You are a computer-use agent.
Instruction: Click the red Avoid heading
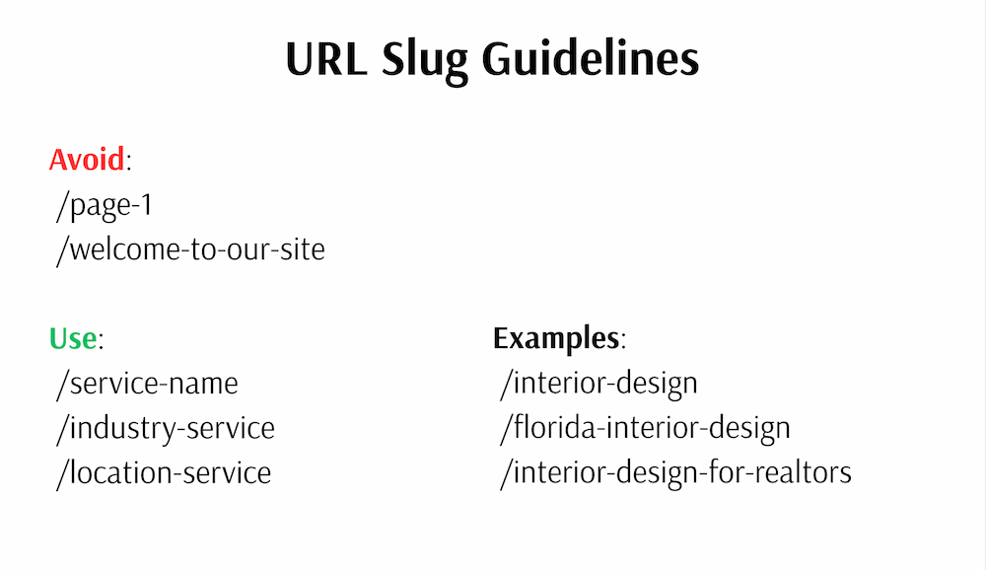pos(87,159)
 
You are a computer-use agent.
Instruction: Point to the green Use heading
pos(73,339)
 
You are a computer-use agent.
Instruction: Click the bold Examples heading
pos(555,339)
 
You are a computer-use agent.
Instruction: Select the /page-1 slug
pos(105,205)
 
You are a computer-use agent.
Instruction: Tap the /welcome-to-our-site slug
pos(190,249)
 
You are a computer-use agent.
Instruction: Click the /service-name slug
pos(147,384)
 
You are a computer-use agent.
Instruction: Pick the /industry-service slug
pos(165,428)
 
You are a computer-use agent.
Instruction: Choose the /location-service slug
pos(163,472)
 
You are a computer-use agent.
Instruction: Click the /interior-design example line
pos(599,384)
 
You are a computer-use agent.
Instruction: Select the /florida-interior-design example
pos(645,428)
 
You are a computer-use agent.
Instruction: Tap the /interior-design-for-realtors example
pos(675,472)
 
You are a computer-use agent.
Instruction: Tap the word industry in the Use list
pos(117,428)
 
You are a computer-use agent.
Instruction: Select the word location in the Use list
pos(115,472)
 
